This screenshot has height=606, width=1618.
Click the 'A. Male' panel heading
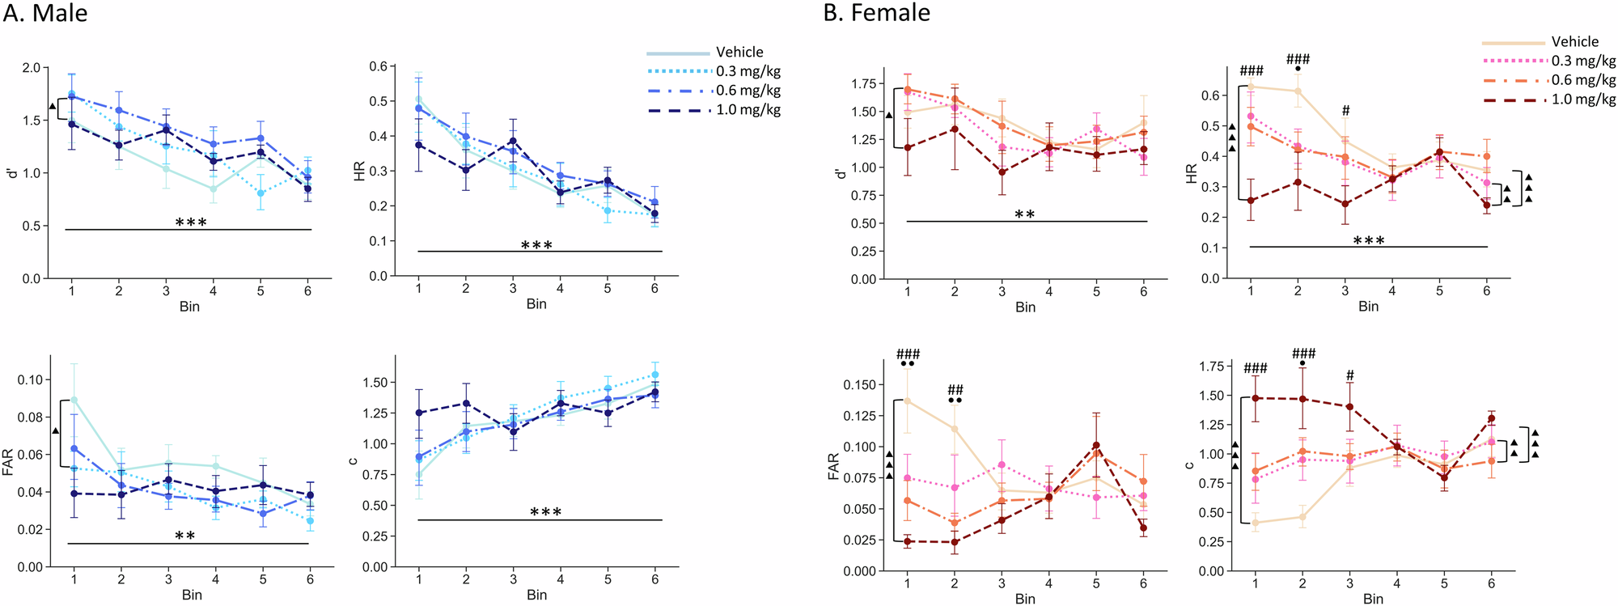[x=45, y=14]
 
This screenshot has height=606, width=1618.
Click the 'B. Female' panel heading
[x=876, y=13]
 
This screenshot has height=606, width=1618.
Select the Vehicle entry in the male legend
[x=739, y=52]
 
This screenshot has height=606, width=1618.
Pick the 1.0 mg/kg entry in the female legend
[x=1583, y=100]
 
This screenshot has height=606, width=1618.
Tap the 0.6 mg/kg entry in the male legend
[x=748, y=91]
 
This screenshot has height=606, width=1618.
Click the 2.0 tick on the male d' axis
[x=31, y=68]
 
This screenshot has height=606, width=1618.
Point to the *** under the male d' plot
[x=191, y=222]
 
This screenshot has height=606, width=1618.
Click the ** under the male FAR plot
[x=185, y=536]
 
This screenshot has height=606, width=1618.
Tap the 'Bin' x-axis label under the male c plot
[x=536, y=595]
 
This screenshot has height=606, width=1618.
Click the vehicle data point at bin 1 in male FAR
[x=74, y=400]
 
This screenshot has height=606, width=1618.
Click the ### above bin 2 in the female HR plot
[x=1298, y=59]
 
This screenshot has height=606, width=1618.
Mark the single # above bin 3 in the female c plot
[x=1349, y=375]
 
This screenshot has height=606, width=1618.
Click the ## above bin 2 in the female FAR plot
[x=955, y=390]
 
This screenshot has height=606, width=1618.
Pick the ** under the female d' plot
[x=1024, y=214]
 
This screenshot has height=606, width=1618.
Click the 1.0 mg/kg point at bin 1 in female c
[x=1256, y=398]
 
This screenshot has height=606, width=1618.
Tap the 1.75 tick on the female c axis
[x=1211, y=367]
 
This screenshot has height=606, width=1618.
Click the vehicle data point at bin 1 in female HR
[x=1251, y=87]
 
